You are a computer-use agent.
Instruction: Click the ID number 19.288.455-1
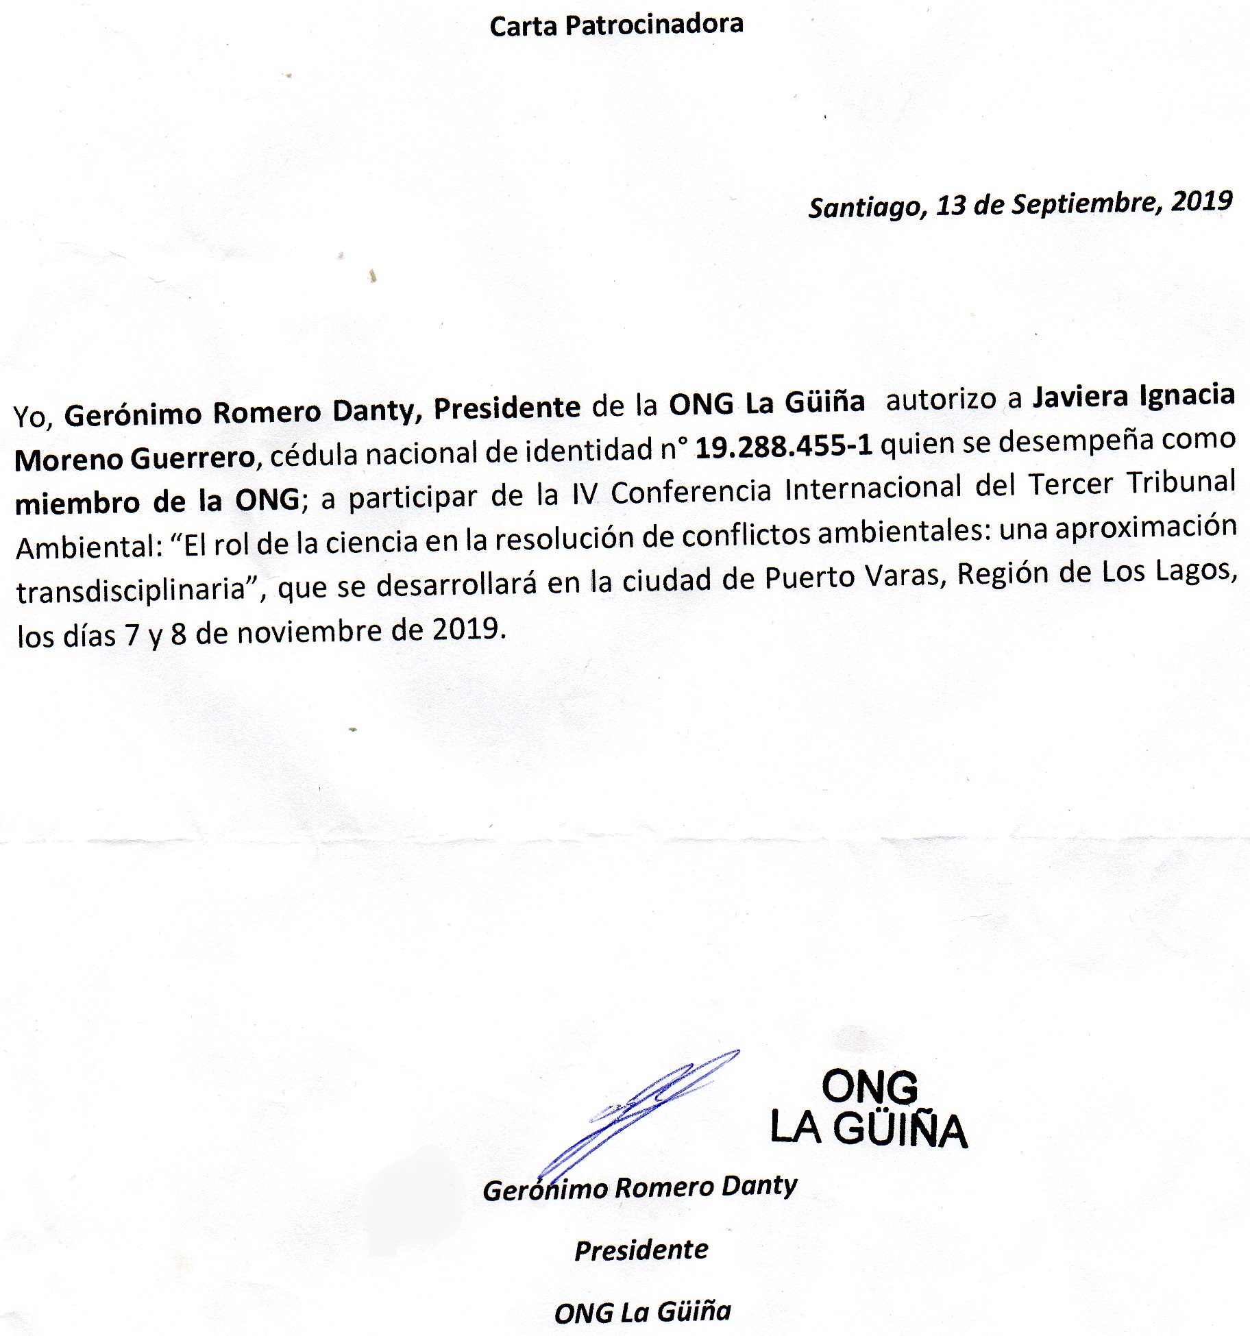pos(784,447)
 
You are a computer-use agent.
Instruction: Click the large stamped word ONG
pos(869,1086)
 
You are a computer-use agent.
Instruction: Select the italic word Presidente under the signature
pos(641,1250)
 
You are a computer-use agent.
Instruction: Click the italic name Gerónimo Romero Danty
pos(640,1187)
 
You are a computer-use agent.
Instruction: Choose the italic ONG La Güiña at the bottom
pos(642,1311)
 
